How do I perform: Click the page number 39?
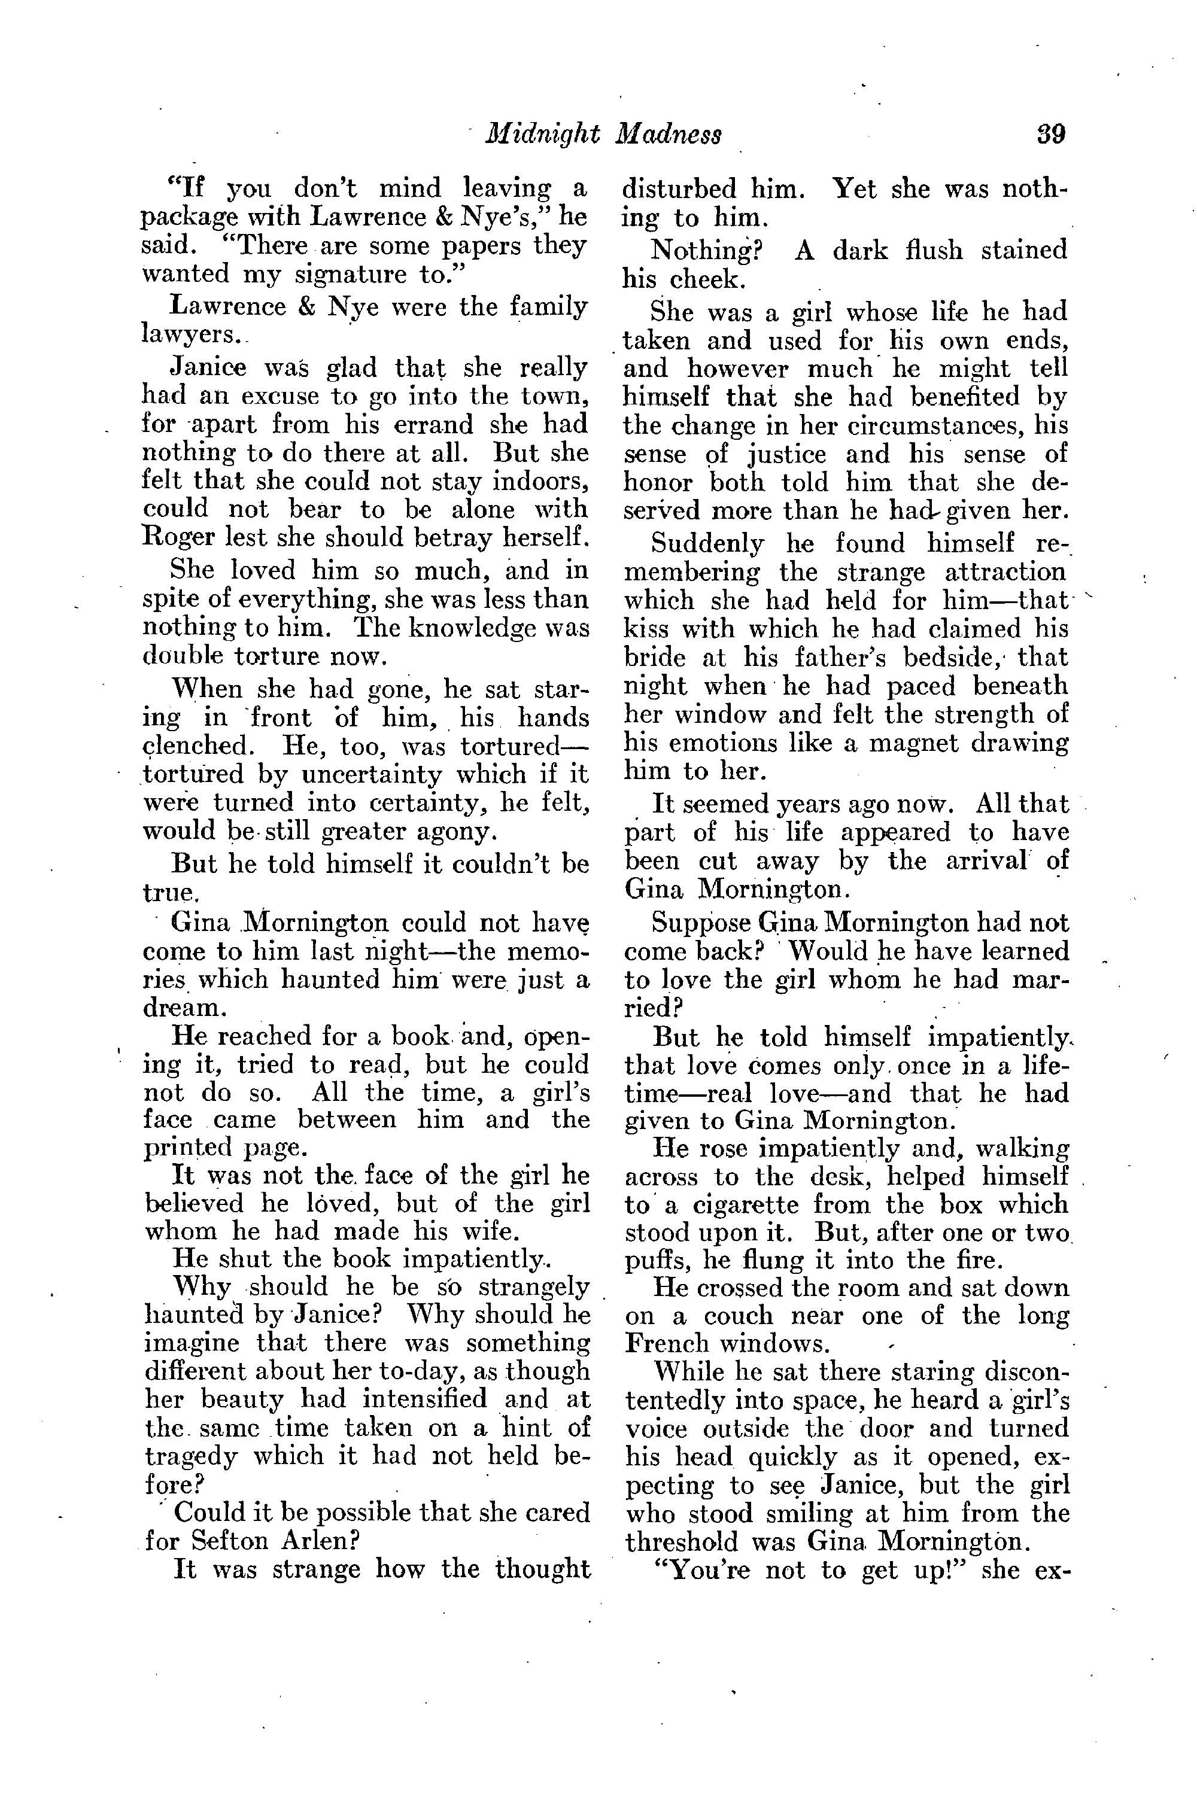coord(1050,134)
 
